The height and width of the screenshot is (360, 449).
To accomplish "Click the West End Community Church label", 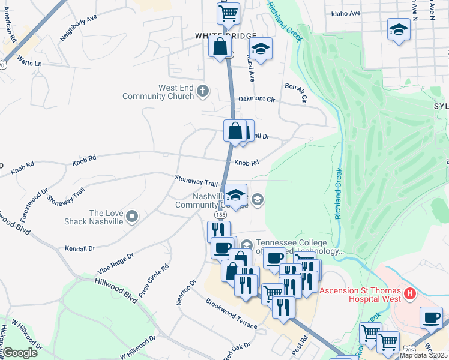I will tap(158, 92).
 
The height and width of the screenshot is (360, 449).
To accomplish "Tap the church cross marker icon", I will tap(203, 91).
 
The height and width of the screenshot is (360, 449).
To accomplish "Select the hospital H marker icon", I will tap(410, 293).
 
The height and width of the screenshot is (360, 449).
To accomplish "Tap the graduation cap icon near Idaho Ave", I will tap(398, 30).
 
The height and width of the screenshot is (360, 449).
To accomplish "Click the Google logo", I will tap(20, 353).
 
